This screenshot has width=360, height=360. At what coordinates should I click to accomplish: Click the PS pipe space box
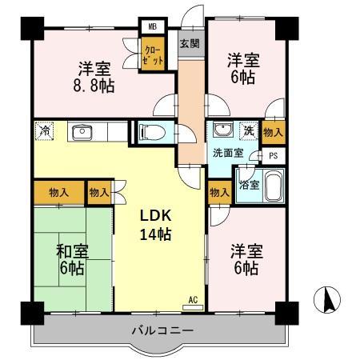pyautogui.click(x=274, y=155)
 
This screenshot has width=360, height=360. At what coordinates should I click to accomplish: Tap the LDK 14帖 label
pyautogui.click(x=156, y=225)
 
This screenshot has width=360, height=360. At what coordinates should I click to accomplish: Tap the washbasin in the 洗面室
pyautogui.click(x=222, y=131)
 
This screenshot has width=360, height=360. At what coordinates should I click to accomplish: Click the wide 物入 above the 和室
pyautogui.click(x=58, y=192)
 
